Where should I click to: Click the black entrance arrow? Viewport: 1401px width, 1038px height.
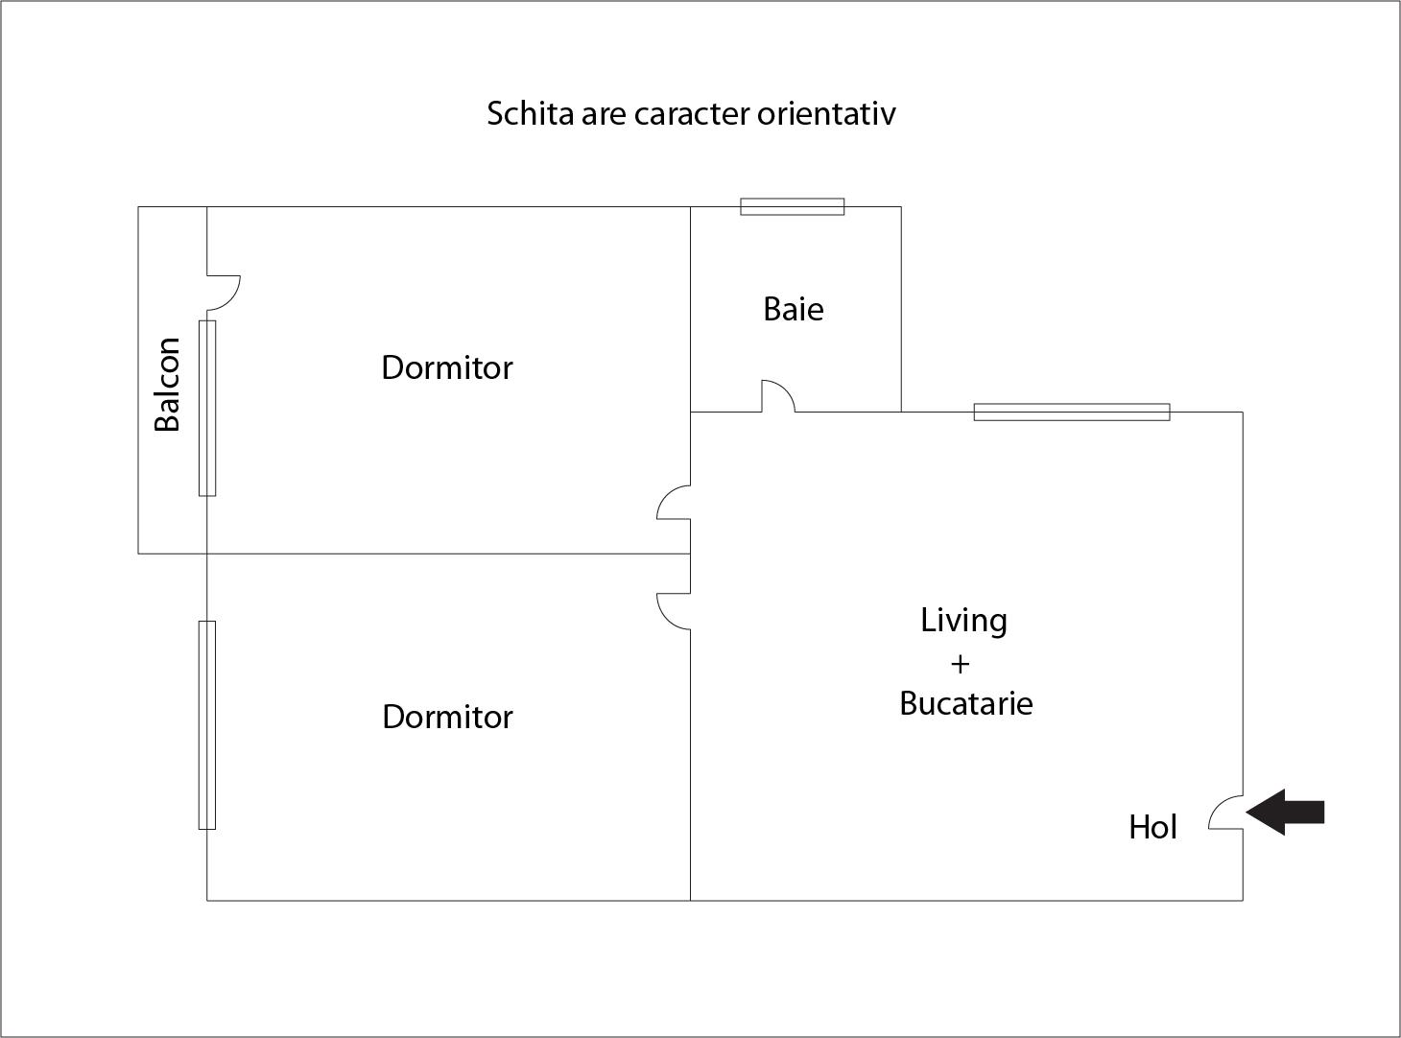click(x=1285, y=812)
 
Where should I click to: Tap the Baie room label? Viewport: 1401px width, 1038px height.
click(x=794, y=310)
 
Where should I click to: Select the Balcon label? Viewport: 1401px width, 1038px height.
click(x=167, y=384)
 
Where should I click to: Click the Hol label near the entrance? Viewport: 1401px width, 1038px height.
click(x=1152, y=827)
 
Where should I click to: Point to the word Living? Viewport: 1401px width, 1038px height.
click(x=963, y=621)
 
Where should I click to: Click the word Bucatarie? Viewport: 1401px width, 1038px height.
click(x=965, y=703)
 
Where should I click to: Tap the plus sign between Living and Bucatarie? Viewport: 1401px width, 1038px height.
click(x=960, y=664)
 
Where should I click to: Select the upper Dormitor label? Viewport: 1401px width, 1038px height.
click(x=447, y=367)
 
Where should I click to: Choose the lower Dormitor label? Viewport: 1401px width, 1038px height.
click(x=447, y=717)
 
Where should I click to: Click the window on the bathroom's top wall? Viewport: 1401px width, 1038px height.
click(x=792, y=206)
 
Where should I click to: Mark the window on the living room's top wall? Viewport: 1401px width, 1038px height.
click(x=1072, y=412)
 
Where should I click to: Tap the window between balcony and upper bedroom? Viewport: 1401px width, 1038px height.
click(x=207, y=408)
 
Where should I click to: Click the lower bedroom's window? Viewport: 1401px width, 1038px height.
click(x=207, y=725)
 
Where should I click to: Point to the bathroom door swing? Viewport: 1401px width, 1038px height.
click(x=785, y=389)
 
